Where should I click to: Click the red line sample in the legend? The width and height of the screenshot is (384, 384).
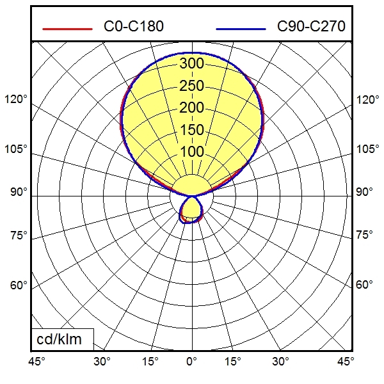[67, 29]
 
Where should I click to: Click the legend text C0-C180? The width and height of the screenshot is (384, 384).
[133, 27]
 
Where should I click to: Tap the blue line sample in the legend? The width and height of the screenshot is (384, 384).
[241, 29]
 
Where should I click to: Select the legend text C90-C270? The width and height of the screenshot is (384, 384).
[311, 27]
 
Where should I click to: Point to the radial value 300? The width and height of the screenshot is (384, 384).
[191, 63]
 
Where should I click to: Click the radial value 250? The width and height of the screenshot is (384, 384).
[191, 86]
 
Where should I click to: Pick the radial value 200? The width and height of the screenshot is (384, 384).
[191, 108]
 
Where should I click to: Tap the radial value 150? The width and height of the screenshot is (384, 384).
[191, 130]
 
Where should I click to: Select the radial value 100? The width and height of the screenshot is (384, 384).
[191, 152]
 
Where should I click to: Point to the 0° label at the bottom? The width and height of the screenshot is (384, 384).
[191, 362]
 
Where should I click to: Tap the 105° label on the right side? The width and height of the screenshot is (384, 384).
[367, 149]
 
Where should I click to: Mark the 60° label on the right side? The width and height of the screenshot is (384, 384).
[365, 285]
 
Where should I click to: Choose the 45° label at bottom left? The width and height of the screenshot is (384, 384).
[36, 362]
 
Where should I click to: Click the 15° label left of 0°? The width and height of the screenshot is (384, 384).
[150, 362]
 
